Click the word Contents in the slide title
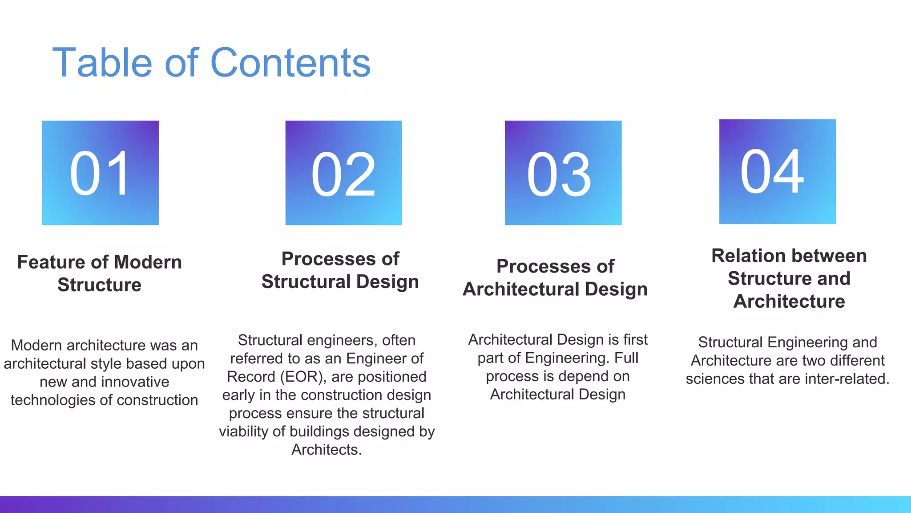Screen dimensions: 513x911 pos(290,63)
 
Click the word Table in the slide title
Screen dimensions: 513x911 pos(102,63)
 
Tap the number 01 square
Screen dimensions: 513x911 pos(100,173)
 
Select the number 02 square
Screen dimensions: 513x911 pos(343,173)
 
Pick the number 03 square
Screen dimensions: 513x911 pos(563,173)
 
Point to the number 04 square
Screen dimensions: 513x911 pos(777,171)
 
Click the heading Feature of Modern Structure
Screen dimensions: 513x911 pos(99,273)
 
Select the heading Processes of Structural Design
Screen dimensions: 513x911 pos(340,270)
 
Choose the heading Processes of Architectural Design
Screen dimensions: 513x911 pos(555,277)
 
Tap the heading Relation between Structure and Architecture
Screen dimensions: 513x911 pos(789,278)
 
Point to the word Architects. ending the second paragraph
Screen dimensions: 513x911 pos(327,450)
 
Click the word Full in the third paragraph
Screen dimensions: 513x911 pos(626,358)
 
